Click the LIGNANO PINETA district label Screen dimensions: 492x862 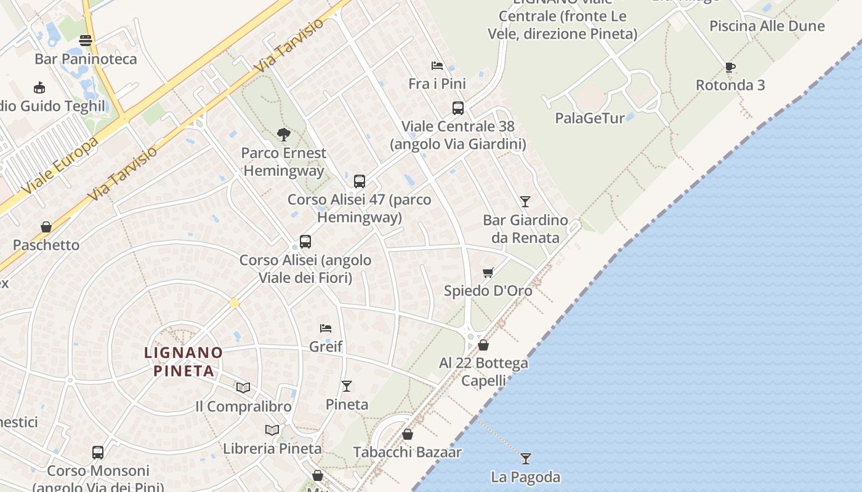183,362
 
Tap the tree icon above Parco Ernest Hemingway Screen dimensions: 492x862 284,134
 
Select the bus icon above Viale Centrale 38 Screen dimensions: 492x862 457,108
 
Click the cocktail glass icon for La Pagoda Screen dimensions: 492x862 525,458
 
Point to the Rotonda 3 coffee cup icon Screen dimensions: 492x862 730,67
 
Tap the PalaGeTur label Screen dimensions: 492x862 590,118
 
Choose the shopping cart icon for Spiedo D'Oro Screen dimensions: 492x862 488,272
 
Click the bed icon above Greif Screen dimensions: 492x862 326,328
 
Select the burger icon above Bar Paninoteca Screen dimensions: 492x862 86,41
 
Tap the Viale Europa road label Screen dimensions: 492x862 60,164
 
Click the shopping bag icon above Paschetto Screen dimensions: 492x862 46,227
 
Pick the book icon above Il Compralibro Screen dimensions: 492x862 243,387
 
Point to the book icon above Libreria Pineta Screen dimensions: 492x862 272,430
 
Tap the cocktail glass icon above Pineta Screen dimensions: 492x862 347,386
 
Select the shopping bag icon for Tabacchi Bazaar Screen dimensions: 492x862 407,434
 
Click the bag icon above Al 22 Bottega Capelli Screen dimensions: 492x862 483,345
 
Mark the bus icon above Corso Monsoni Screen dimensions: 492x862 98,453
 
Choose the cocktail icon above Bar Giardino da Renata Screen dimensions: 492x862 525,201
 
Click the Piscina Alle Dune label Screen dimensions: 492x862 767,26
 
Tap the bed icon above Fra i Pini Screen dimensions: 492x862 437,66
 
